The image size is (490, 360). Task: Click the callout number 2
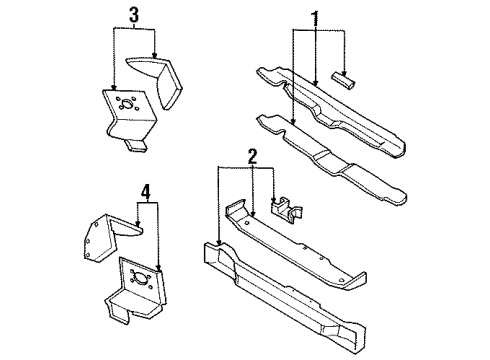coord(253,156)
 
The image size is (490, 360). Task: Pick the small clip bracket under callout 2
coord(287,209)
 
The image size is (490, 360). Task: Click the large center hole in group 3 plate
coord(124,107)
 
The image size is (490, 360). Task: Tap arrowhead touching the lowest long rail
coord(218,243)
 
